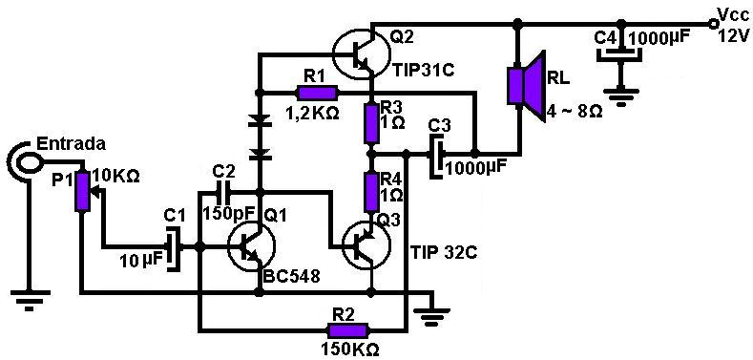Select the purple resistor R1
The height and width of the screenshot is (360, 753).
[318, 93]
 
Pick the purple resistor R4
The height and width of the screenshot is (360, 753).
[371, 191]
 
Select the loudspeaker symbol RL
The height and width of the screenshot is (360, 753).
[523, 85]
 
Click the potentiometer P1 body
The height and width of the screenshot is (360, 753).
[82, 191]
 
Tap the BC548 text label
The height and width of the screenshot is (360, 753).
[293, 277]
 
